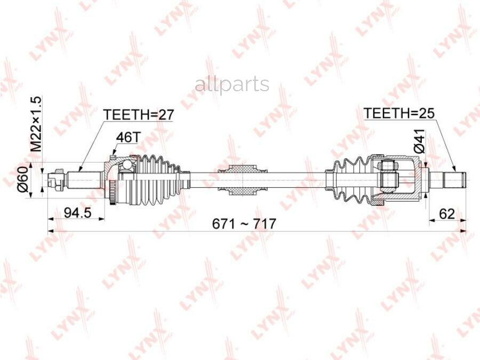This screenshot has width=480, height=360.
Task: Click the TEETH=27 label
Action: click(x=139, y=115)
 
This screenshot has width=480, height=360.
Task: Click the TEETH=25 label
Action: click(x=399, y=113)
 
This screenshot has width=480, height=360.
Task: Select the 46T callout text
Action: click(x=127, y=138)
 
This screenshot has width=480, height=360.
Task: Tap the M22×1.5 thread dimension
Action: click(x=36, y=124)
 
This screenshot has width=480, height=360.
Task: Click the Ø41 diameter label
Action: click(x=419, y=141)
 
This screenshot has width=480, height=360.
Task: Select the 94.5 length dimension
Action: click(x=77, y=212)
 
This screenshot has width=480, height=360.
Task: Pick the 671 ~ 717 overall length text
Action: click(x=244, y=224)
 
